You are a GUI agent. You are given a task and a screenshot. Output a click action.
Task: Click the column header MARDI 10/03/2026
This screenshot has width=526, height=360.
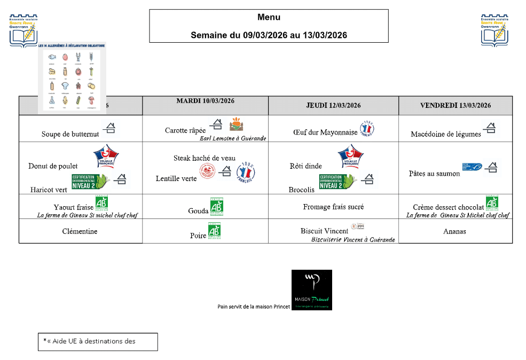coord(206,101)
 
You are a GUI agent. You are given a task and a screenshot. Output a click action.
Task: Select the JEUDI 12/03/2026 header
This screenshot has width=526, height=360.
coord(334,105)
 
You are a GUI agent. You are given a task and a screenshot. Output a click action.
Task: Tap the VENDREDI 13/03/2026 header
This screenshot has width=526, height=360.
coord(456,105)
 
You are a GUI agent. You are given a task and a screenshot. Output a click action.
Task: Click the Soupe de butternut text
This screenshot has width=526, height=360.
coord(70,134)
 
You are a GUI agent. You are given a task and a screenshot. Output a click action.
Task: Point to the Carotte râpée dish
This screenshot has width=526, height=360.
coord(185,130)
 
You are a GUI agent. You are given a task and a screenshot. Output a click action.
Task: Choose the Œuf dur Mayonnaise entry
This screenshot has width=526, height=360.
coord(325,132)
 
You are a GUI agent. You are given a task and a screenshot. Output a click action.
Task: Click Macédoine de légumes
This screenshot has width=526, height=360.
coord(446,134)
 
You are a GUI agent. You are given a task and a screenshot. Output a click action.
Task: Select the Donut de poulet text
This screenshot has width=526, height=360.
coord(53,166)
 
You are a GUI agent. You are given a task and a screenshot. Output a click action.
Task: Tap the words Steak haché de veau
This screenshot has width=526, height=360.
coord(205,158)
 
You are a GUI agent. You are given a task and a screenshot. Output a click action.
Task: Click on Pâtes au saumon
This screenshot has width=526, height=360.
coord(434,174)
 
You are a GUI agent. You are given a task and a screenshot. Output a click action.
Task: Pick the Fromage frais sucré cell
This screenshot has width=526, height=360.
coord(333,207)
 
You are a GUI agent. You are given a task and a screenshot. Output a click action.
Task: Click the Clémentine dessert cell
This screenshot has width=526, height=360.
coord(80,231)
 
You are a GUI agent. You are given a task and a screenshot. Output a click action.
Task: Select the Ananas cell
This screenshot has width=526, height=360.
coord(454,231)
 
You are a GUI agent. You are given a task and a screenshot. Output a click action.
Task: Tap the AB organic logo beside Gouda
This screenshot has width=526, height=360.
coord(216,206)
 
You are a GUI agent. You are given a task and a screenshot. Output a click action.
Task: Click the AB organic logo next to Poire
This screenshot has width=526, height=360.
coord(214,231)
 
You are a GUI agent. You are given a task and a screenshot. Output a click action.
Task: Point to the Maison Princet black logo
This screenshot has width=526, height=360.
coord(312,289)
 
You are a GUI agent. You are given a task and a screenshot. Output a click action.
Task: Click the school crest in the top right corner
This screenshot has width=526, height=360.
coord(495,31)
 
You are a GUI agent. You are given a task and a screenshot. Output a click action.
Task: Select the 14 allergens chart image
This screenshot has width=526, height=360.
coord(72,76)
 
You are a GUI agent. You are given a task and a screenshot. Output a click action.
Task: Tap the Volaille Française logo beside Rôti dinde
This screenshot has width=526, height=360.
coord(351,156)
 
